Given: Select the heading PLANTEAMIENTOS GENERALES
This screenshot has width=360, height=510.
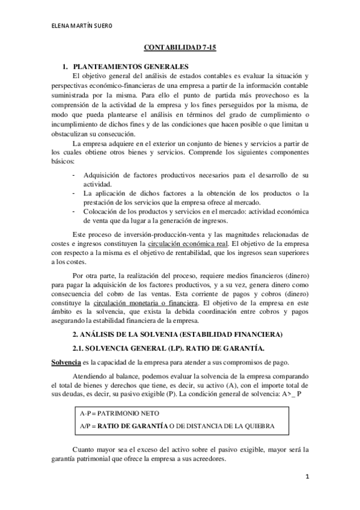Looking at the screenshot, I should pyautogui.click(x=130, y=67).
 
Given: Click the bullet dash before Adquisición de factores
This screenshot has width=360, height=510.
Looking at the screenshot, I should pyautogui.click(x=73, y=176).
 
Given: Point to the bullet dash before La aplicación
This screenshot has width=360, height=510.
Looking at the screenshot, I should pyautogui.click(x=73, y=193).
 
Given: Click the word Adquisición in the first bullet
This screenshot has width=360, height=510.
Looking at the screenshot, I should pyautogui.click(x=103, y=176).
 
